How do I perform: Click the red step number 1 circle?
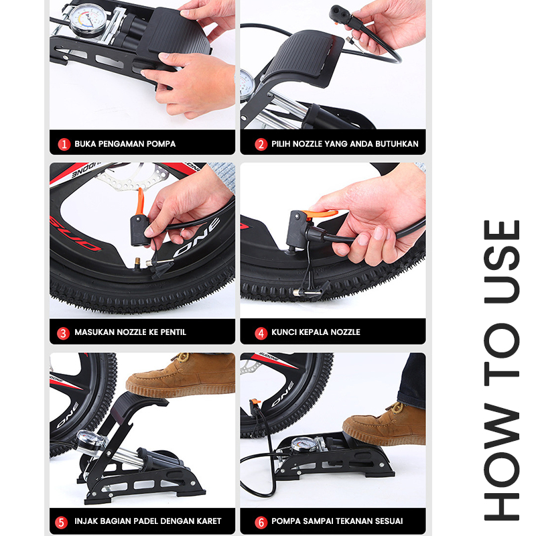(64, 144)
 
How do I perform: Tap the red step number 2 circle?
(261, 144)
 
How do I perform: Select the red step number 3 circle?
(63, 333)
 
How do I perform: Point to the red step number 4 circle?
(261, 333)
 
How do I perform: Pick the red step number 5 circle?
(61, 522)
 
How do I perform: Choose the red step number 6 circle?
(261, 522)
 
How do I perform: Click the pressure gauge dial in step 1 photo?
(88, 19)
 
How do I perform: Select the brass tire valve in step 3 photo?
(137, 263)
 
